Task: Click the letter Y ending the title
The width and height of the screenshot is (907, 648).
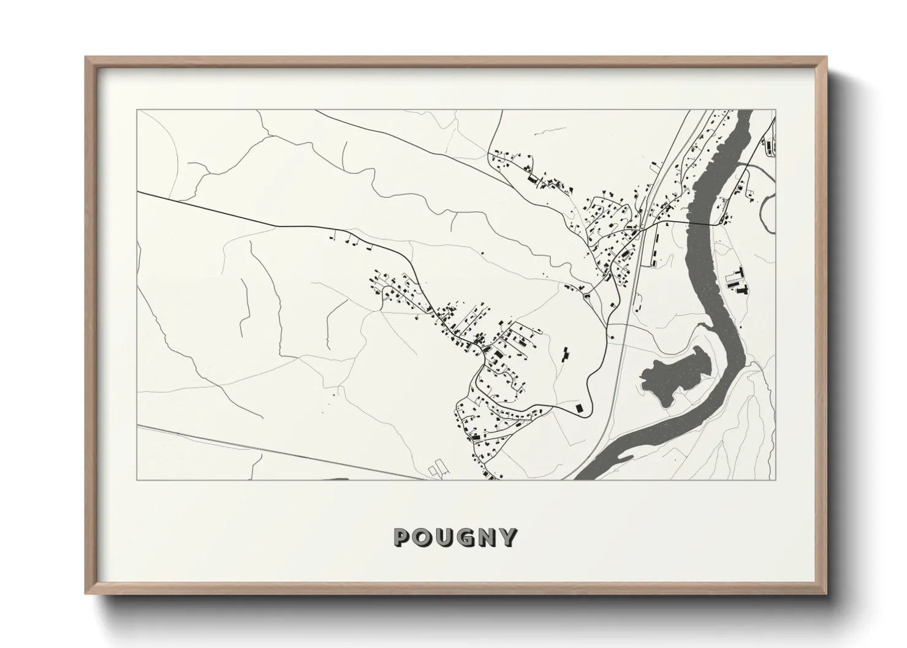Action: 508,537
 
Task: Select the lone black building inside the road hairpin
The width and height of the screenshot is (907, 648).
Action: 578,408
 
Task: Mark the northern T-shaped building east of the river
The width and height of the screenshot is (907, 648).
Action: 740,272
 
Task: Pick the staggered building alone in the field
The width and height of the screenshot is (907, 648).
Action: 565,353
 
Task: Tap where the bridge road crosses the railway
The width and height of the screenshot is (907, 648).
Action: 645,229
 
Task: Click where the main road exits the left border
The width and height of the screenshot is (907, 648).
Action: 137,192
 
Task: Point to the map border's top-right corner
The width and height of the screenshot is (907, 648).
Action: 775,110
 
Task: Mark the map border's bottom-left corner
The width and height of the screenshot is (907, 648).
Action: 137,480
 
